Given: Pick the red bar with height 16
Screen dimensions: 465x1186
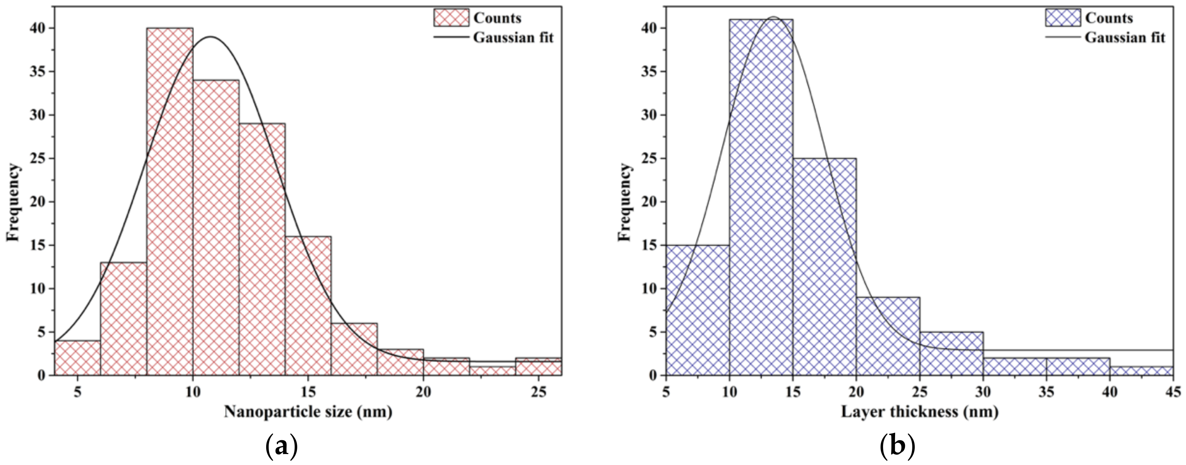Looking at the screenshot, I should click(308, 306).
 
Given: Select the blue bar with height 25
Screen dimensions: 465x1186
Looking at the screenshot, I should click(825, 267).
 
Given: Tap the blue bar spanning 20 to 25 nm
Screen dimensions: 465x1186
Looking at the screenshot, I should click(888, 337).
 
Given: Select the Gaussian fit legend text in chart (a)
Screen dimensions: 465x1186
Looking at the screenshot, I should click(513, 37).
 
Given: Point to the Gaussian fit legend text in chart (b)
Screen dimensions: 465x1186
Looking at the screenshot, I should click(1125, 37).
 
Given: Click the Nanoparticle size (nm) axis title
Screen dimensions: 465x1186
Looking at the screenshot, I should click(308, 412).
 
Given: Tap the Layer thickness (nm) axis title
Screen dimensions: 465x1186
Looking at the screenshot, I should click(919, 412).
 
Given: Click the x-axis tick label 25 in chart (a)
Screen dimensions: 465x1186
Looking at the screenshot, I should click(539, 392).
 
